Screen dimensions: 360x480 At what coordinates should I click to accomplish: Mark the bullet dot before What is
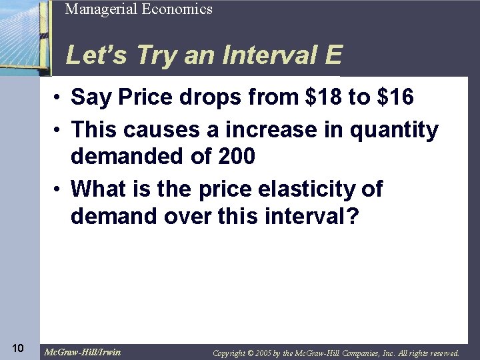point(59,189)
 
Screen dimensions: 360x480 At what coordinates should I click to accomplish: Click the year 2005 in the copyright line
point(261,353)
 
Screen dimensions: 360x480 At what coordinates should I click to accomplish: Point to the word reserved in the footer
point(440,353)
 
